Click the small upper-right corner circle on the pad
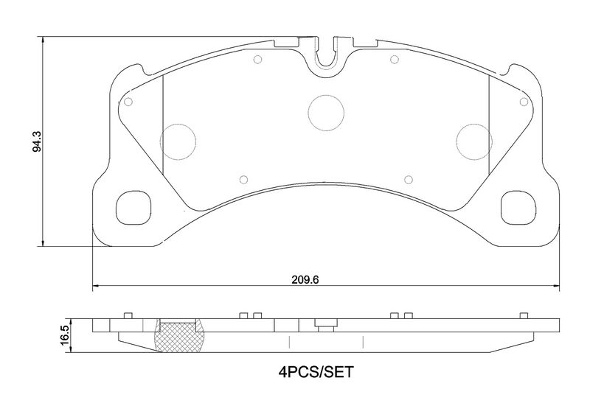tap(523, 102)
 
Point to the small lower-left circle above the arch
tap(243, 178)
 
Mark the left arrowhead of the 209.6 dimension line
tap(94, 286)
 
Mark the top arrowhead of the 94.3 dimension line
tap(44, 40)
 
